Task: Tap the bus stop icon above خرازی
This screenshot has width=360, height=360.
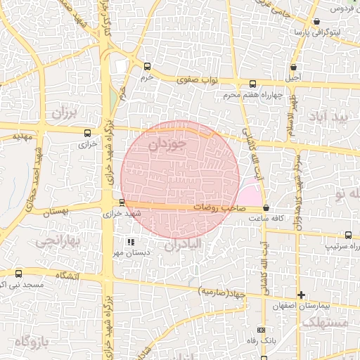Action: (x=87, y=132)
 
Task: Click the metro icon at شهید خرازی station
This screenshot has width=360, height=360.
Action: (x=122, y=202)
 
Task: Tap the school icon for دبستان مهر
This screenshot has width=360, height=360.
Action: (x=130, y=242)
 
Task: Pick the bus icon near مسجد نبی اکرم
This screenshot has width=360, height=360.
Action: (x=18, y=274)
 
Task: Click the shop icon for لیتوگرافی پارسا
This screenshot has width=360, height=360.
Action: (x=316, y=22)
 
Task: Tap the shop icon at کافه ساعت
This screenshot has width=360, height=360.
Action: (x=265, y=208)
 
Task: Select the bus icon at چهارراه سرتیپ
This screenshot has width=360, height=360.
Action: (x=349, y=236)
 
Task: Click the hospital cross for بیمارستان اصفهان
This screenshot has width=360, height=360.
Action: (x=302, y=295)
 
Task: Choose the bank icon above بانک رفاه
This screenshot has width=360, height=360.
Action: (x=262, y=330)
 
